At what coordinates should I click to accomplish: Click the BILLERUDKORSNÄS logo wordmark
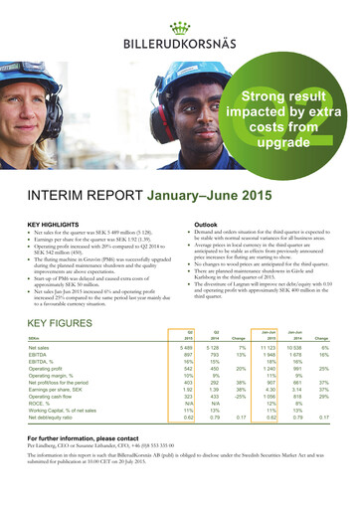click(179, 44)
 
